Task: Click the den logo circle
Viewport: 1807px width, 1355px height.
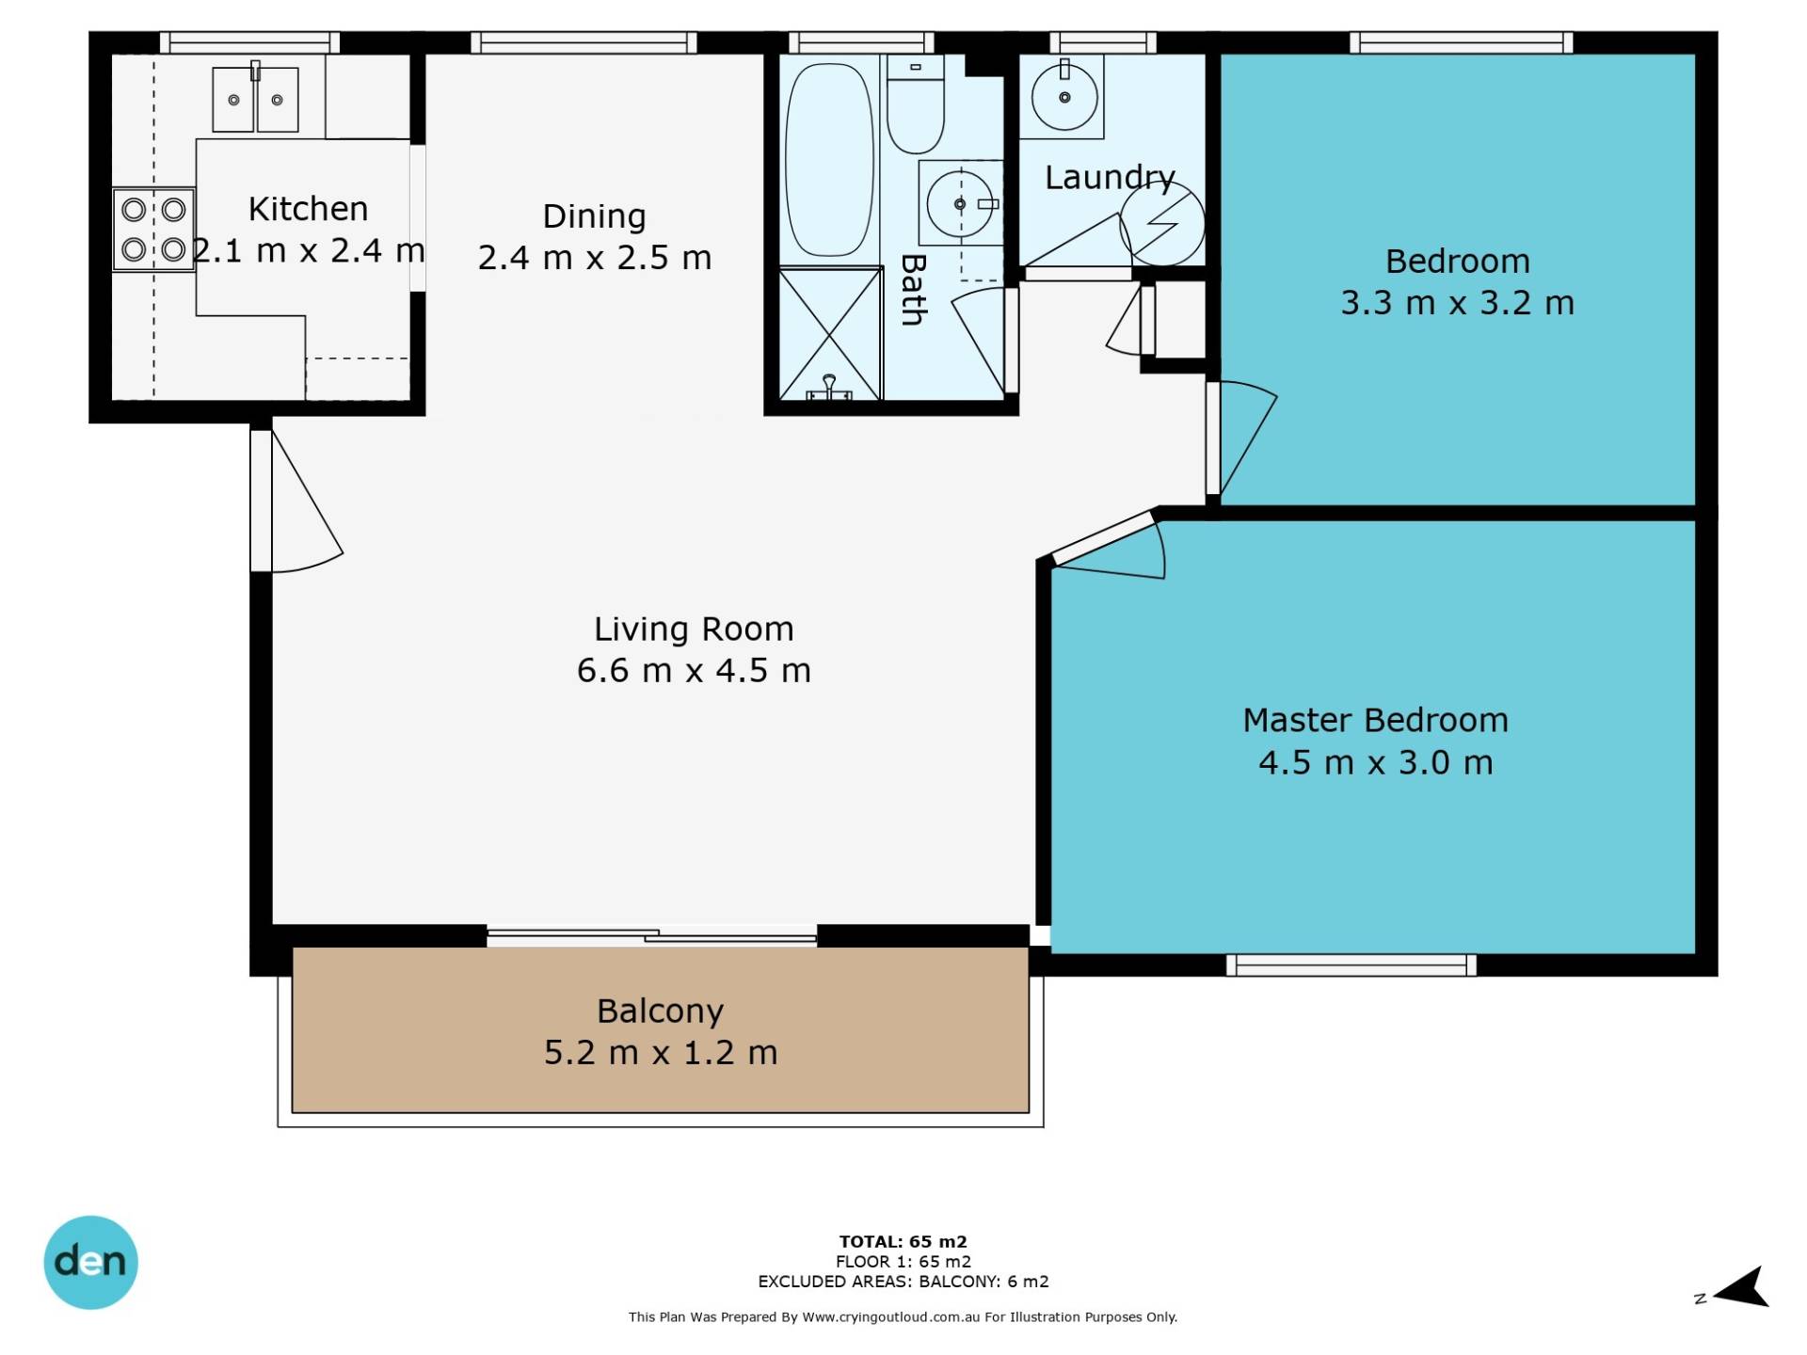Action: (90, 1262)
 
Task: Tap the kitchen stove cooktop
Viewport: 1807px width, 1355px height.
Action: (153, 230)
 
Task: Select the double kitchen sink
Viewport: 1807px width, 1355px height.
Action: (255, 99)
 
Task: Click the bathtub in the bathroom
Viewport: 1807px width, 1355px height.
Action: (829, 159)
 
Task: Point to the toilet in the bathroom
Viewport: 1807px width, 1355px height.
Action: (916, 104)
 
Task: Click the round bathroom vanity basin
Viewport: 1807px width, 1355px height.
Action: (960, 203)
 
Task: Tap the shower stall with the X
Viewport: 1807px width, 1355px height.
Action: (830, 334)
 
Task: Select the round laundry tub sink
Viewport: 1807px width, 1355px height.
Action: (1064, 97)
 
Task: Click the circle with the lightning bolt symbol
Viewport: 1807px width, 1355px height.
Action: (1161, 223)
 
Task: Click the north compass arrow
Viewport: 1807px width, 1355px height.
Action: (1742, 1287)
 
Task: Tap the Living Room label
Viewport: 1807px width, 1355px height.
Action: (694, 629)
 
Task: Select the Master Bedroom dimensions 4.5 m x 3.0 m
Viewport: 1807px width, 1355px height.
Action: (1376, 762)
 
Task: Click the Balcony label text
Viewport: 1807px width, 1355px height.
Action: (661, 1012)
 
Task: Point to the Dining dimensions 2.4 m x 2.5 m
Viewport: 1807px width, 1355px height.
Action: (595, 258)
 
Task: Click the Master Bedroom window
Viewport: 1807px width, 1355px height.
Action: (1351, 964)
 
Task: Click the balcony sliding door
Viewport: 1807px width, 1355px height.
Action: (651, 935)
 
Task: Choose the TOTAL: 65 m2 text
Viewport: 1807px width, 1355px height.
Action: (903, 1241)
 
